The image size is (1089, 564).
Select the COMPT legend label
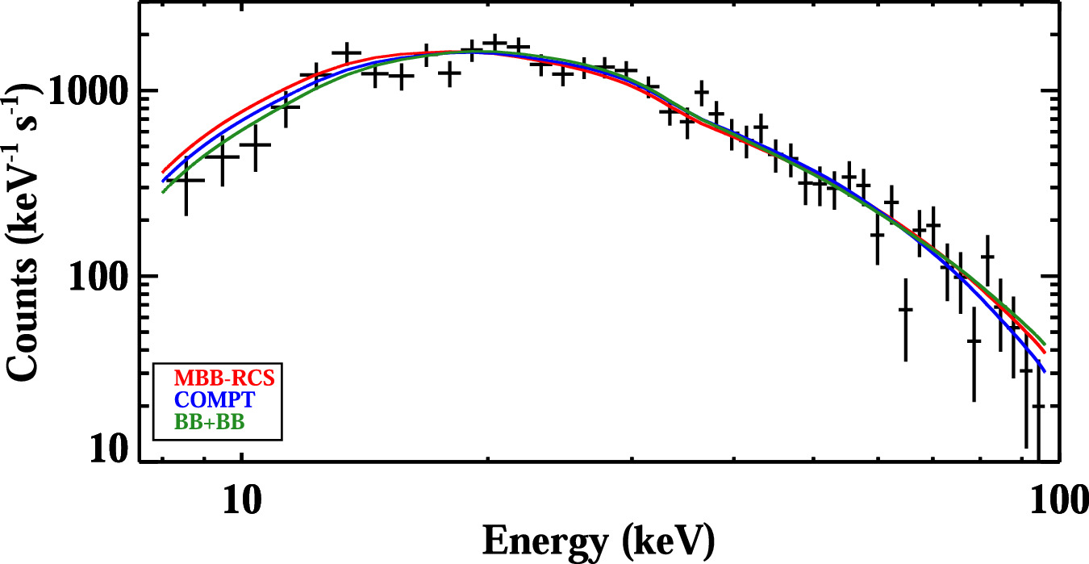click(207, 399)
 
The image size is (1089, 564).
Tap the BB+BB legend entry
click(207, 420)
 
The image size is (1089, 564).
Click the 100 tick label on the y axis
click(101, 276)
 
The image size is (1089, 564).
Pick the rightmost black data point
click(1039, 406)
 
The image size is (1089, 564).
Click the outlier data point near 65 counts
click(906, 309)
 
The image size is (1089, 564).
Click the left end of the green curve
click(162, 191)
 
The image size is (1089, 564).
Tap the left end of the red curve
click(162, 172)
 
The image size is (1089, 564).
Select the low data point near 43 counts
click(974, 340)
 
